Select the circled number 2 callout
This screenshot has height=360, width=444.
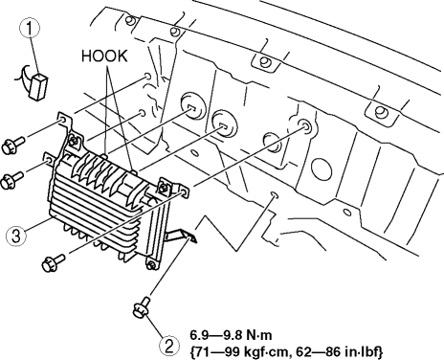click(x=169, y=346)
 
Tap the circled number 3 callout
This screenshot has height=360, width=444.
click(x=16, y=236)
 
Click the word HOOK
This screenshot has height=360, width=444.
click(x=104, y=56)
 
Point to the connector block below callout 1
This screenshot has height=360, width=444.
click(x=38, y=86)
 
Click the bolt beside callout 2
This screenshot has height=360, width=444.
click(x=142, y=307)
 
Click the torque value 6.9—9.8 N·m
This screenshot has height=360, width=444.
click(x=231, y=335)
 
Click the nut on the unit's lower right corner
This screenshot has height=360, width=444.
click(x=151, y=265)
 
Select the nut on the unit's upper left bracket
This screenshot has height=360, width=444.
click(x=74, y=140)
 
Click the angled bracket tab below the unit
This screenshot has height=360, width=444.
click(x=181, y=235)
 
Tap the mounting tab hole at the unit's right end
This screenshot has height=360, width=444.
click(x=184, y=191)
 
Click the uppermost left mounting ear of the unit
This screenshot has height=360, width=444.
click(x=63, y=120)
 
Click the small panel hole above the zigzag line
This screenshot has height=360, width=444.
click(x=275, y=194)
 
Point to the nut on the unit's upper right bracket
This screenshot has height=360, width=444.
click(x=164, y=188)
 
